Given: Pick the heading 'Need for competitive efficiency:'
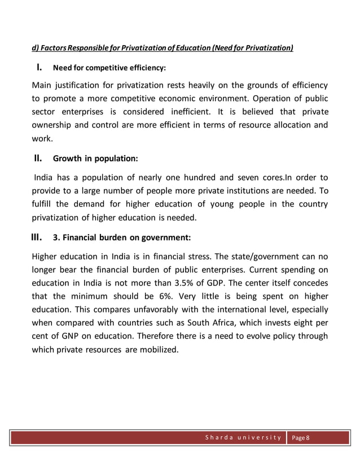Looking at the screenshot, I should click(x=109, y=69).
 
